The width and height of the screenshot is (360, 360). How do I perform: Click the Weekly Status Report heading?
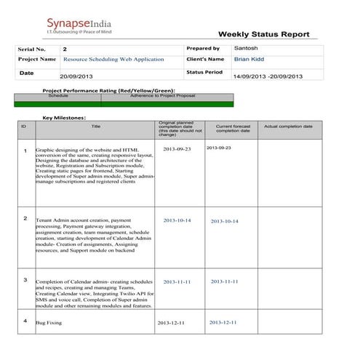point(263,34)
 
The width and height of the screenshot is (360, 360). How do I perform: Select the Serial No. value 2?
point(65,49)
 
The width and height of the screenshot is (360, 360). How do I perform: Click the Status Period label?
point(204,72)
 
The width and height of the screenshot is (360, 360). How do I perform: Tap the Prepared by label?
point(203,48)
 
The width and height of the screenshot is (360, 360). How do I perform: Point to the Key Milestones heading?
point(65,117)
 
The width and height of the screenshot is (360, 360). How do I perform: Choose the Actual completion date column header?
point(288,127)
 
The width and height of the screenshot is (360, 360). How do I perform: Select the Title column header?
point(95,127)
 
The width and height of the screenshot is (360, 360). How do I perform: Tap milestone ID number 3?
point(25,279)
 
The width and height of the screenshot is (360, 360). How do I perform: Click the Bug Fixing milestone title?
point(49,322)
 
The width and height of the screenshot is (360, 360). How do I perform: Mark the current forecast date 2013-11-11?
point(225,281)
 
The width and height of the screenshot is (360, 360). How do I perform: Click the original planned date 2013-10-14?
point(177,220)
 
